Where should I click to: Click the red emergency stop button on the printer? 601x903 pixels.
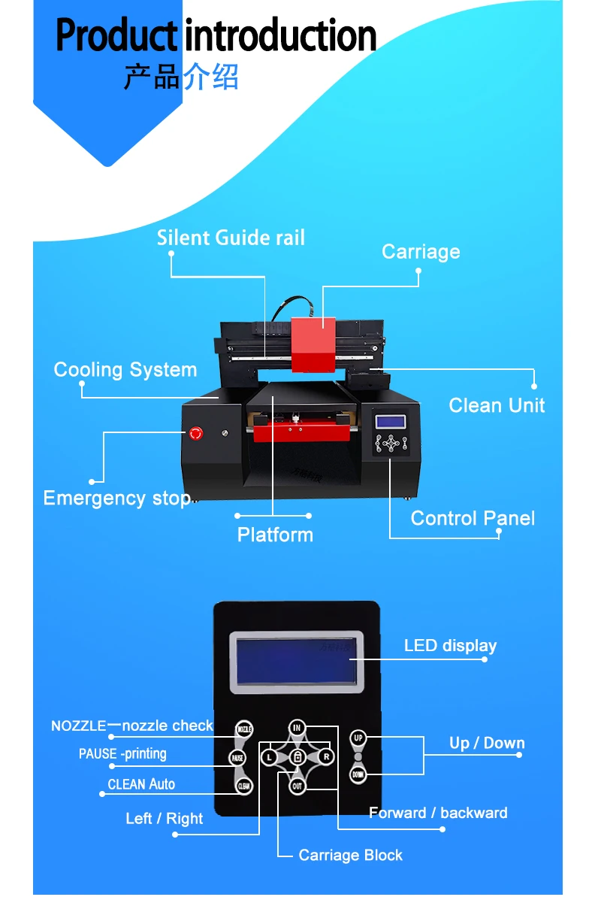tap(197, 433)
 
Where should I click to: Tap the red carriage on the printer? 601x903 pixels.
tap(313, 344)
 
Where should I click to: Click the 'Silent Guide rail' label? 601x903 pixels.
tap(231, 238)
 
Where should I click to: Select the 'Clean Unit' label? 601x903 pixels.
tap(497, 405)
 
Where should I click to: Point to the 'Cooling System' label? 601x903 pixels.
tap(125, 370)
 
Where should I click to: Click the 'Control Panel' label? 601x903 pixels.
tap(473, 518)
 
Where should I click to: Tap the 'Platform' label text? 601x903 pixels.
tap(275, 535)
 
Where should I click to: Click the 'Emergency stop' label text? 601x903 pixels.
tap(116, 498)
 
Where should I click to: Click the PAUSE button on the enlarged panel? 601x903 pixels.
tap(237, 758)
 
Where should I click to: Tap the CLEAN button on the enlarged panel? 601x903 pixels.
tap(243, 786)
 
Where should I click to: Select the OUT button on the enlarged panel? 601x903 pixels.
tap(297, 786)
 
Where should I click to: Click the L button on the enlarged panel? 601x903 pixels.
tap(270, 756)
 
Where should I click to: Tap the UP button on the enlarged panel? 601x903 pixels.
tap(358, 738)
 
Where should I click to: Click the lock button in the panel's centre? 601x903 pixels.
tap(297, 756)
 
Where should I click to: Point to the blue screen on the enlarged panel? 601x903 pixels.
tap(296, 661)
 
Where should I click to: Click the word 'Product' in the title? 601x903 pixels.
tap(116, 36)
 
